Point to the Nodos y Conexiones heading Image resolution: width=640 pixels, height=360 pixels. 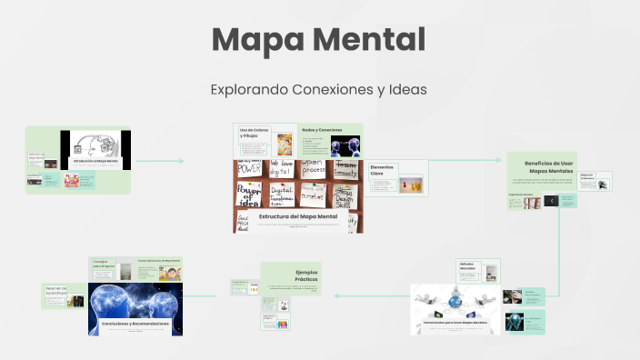tap(322, 130)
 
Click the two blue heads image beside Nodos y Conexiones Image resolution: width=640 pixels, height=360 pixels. tap(345, 146)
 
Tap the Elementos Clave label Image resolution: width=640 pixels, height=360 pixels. tap(383, 170)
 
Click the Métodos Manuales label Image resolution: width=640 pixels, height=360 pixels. tap(468, 266)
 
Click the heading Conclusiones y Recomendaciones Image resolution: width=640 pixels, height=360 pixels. tap(135, 324)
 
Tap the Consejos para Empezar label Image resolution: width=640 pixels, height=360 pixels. tap(100, 265)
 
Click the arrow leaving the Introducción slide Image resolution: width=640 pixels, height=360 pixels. tap(159, 161)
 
